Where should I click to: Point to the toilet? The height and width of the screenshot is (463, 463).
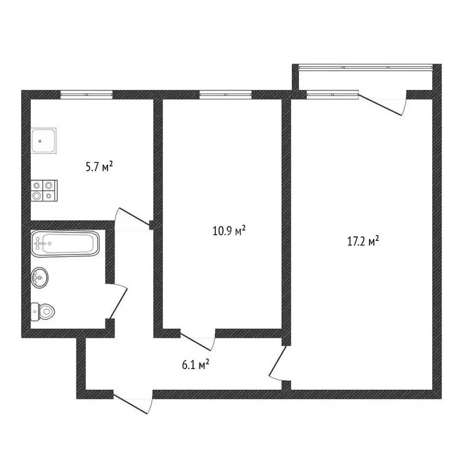coord(43,312)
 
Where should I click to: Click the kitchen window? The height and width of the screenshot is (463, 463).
coord(87,94)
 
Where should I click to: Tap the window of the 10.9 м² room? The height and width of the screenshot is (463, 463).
coord(225,94)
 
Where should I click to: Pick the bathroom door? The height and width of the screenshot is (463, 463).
coord(118,301)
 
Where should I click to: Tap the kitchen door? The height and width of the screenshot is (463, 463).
coord(132,217)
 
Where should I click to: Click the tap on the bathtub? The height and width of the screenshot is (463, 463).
coord(40,244)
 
